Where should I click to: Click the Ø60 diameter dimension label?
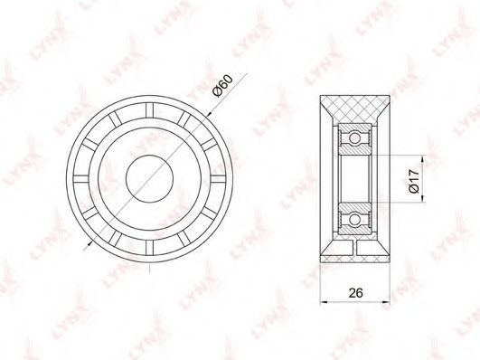(223, 86)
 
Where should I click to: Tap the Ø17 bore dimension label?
(413, 181)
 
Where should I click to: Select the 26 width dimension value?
(355, 293)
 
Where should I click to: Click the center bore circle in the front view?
(150, 178)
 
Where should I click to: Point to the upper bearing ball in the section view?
(354, 138)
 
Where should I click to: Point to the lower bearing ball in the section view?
(354, 220)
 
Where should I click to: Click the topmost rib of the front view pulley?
(149, 110)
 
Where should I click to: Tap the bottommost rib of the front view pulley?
(149, 247)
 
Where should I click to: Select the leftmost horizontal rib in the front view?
(81, 178)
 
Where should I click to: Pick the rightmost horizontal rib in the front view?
(218, 178)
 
